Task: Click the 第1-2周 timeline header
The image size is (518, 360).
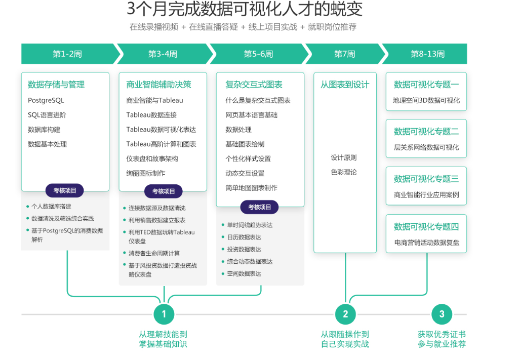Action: coord(67,54)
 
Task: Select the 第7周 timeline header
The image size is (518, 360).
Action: coord(344,54)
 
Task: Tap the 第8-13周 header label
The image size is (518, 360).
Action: coord(427,54)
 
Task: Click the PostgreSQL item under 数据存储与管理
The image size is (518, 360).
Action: coord(46,100)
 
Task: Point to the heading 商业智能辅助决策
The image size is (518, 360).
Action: coord(158,85)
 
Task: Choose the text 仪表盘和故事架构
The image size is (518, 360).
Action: coord(152,158)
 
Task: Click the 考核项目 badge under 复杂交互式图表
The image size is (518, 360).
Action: coord(260,207)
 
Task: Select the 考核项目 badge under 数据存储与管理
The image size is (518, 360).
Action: coord(65,190)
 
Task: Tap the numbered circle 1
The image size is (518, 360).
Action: coord(164,314)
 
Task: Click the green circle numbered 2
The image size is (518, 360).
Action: coord(345,314)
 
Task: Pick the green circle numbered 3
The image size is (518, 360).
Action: coord(442,314)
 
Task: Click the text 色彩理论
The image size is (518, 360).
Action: coord(344,172)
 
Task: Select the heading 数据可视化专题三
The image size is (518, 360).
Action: coord(426,179)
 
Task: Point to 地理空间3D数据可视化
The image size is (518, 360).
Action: coord(426,100)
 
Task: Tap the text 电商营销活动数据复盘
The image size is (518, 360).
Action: coord(426,243)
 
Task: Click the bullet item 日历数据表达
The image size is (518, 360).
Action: coord(244,237)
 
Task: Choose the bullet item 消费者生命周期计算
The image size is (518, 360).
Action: coord(154,253)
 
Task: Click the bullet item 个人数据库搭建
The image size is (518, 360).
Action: coord(51,206)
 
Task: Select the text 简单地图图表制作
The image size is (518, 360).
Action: coord(251,188)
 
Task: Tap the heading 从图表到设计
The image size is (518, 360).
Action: coord(345,85)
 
